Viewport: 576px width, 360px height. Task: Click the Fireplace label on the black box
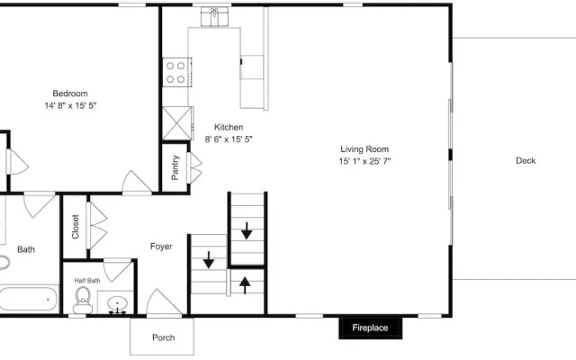(370, 328)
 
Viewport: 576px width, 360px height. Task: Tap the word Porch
(164, 337)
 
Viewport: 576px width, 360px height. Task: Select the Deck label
(526, 160)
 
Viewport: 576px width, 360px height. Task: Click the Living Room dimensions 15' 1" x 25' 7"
(364, 161)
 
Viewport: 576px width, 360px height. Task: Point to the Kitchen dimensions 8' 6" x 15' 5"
(229, 139)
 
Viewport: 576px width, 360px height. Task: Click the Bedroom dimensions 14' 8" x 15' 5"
(70, 106)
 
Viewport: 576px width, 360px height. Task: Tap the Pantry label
(175, 167)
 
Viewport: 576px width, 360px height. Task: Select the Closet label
(76, 227)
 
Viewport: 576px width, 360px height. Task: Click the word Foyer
(161, 247)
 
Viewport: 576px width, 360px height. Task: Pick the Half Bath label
(87, 281)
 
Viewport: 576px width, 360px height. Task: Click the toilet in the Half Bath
(83, 300)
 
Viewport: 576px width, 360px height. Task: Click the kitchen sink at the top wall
(214, 17)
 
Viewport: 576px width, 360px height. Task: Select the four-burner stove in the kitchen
(177, 72)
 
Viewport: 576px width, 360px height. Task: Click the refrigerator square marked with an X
(177, 123)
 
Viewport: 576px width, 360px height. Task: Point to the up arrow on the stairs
(245, 285)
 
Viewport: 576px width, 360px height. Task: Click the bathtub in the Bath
(29, 299)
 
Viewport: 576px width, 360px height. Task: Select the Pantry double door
(194, 168)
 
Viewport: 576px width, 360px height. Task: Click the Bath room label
(26, 249)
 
